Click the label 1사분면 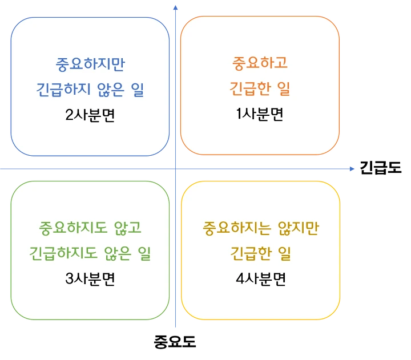point(260,114)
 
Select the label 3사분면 point(90,280)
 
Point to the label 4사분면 point(260,280)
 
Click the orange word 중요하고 point(260,63)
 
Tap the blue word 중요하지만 point(90,63)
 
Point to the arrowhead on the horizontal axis point(352,169)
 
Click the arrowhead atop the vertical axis point(175,8)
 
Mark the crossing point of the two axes point(175,169)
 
